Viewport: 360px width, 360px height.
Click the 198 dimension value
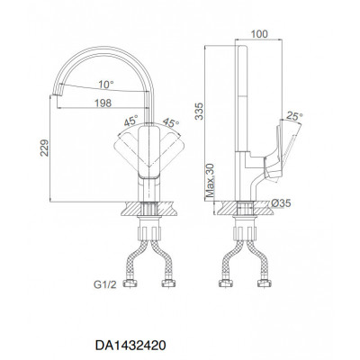coord(103,103)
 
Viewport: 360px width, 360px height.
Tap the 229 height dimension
coord(44,148)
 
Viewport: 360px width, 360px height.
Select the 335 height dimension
coord(199,111)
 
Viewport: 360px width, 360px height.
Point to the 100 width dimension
coord(259,34)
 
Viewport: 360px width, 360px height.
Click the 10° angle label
coord(107,85)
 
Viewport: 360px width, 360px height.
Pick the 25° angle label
coord(294,116)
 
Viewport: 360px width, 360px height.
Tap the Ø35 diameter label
coord(281,203)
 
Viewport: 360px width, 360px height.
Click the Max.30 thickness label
coord(211,180)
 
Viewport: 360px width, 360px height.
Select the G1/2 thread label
coord(104,284)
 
